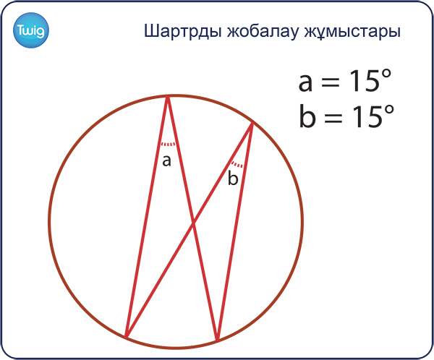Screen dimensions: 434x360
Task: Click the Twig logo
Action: coord(31,30)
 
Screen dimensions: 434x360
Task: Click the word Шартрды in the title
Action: coord(183,31)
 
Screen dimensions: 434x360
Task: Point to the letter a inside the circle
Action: coord(166,160)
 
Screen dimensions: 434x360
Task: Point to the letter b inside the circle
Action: coord(233,178)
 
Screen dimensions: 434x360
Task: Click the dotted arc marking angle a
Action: coord(168,144)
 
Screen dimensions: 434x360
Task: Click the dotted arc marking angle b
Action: coord(237,164)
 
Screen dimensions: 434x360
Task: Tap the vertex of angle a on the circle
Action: coord(168,97)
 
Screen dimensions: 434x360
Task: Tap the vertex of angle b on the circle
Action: coord(252,123)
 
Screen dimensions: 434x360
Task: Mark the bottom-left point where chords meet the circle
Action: coord(126,338)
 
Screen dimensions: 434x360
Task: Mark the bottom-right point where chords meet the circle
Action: coord(218,340)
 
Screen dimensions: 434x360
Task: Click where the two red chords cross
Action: coord(193,222)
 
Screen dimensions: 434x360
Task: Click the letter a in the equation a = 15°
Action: coord(305,82)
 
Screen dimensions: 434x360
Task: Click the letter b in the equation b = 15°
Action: coord(307,116)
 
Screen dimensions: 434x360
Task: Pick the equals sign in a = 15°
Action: coord(331,82)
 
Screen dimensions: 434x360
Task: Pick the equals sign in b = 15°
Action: coord(333,118)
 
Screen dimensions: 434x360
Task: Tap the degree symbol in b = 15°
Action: coord(388,110)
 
